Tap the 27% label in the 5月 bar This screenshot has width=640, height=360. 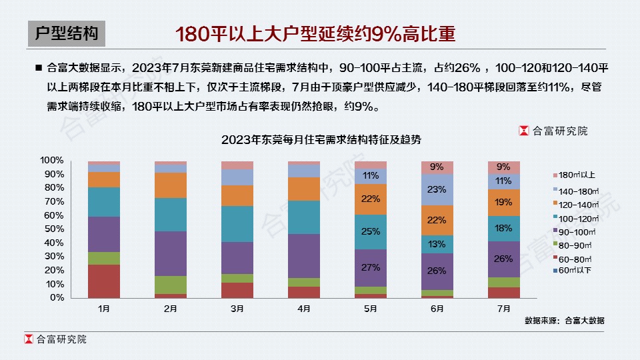pyautogui.click(x=371, y=267)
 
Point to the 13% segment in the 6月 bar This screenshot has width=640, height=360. pyautogui.click(x=437, y=244)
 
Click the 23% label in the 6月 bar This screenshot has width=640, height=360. pyautogui.click(x=437, y=189)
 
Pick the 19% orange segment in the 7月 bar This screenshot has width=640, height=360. pyautogui.click(x=504, y=202)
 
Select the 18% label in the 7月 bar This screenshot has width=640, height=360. pyautogui.click(x=504, y=229)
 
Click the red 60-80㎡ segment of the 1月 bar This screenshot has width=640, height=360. pyautogui.click(x=104, y=281)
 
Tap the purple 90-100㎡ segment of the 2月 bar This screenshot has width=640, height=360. pyautogui.click(x=171, y=253)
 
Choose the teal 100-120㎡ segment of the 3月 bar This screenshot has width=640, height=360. pyautogui.click(x=237, y=224)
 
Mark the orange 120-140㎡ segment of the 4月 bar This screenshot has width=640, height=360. pyautogui.click(x=304, y=189)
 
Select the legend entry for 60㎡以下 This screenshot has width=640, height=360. pyautogui.click(x=575, y=271)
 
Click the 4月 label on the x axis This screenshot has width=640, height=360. pyautogui.click(x=304, y=309)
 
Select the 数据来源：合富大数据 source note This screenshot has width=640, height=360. pyautogui.click(x=564, y=321)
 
